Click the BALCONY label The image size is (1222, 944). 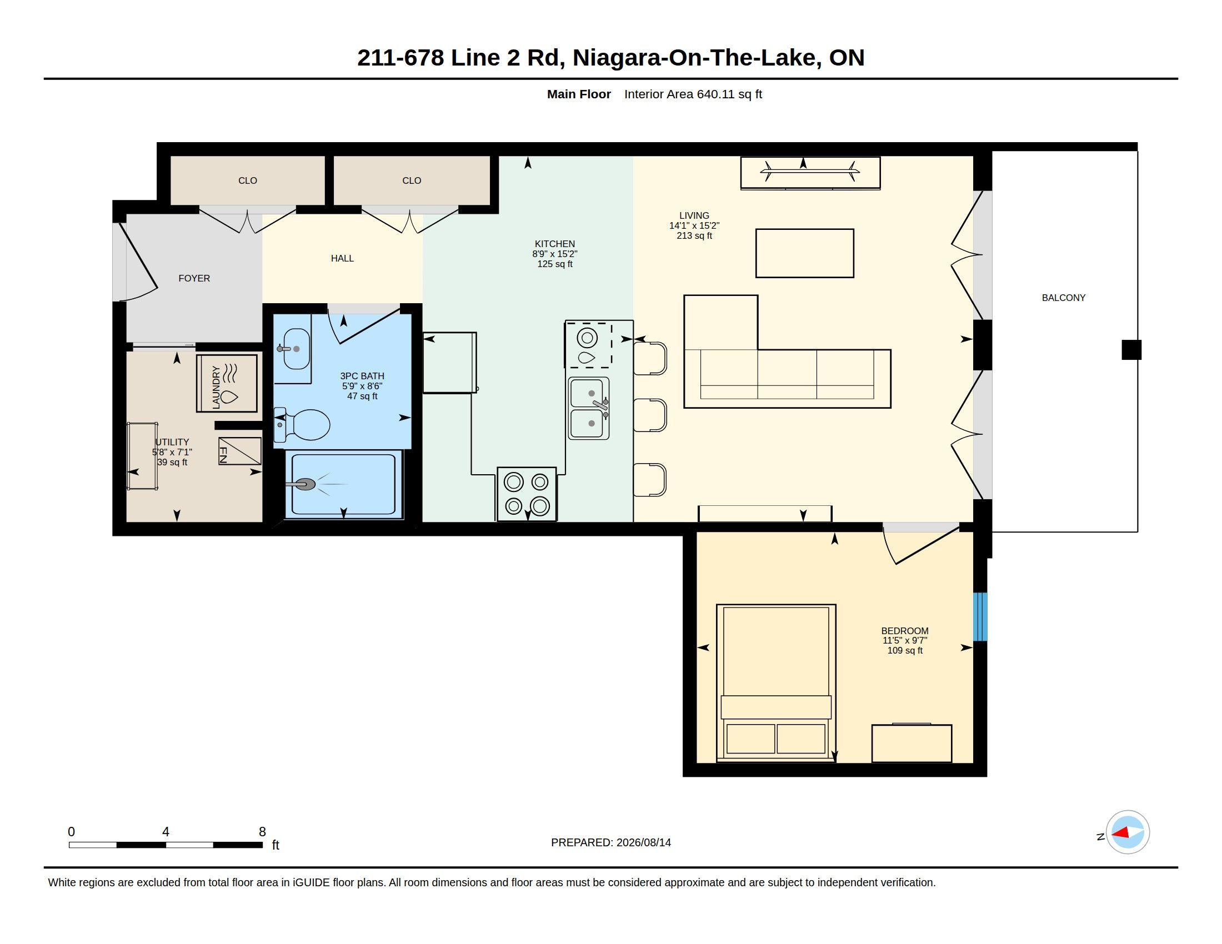pyautogui.click(x=1063, y=298)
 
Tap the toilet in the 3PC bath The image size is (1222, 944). pyautogui.click(x=302, y=424)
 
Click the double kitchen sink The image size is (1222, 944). pyautogui.click(x=589, y=408)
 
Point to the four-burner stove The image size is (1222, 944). pyautogui.click(x=527, y=494)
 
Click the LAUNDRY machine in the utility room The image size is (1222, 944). pyautogui.click(x=227, y=384)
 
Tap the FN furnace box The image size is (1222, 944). pyautogui.click(x=239, y=451)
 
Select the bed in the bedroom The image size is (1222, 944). pyautogui.click(x=776, y=682)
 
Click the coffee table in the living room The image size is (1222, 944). pyautogui.click(x=805, y=253)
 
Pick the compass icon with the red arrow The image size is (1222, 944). pyautogui.click(x=1128, y=832)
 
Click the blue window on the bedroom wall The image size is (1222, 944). pyautogui.click(x=980, y=616)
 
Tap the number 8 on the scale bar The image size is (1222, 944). pyautogui.click(x=262, y=832)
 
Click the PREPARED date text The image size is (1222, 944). pyautogui.click(x=611, y=842)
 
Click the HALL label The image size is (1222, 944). pyautogui.click(x=342, y=258)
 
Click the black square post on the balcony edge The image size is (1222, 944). pyautogui.click(x=1131, y=349)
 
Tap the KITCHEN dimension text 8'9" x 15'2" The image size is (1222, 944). pyautogui.click(x=554, y=254)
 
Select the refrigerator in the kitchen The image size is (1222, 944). pyautogui.click(x=450, y=363)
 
